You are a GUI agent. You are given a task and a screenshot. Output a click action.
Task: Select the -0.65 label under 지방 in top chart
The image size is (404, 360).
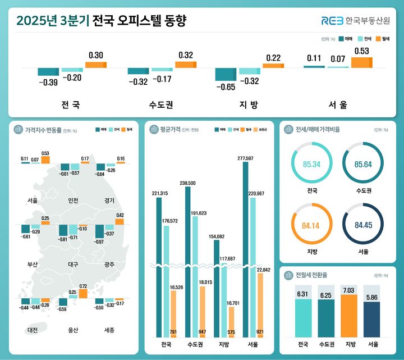pos(225,87)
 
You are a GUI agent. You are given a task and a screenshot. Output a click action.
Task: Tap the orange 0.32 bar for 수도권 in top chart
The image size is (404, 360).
pos(185,65)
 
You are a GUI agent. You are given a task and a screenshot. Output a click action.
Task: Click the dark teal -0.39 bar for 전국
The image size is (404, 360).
pos(48,71)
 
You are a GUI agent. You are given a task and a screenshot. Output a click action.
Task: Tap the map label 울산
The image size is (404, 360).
pos(71,330)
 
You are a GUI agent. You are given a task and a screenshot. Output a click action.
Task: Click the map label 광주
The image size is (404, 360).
pos(109,265)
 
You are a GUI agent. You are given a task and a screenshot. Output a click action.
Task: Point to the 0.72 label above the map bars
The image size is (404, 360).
pos(83,286)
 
